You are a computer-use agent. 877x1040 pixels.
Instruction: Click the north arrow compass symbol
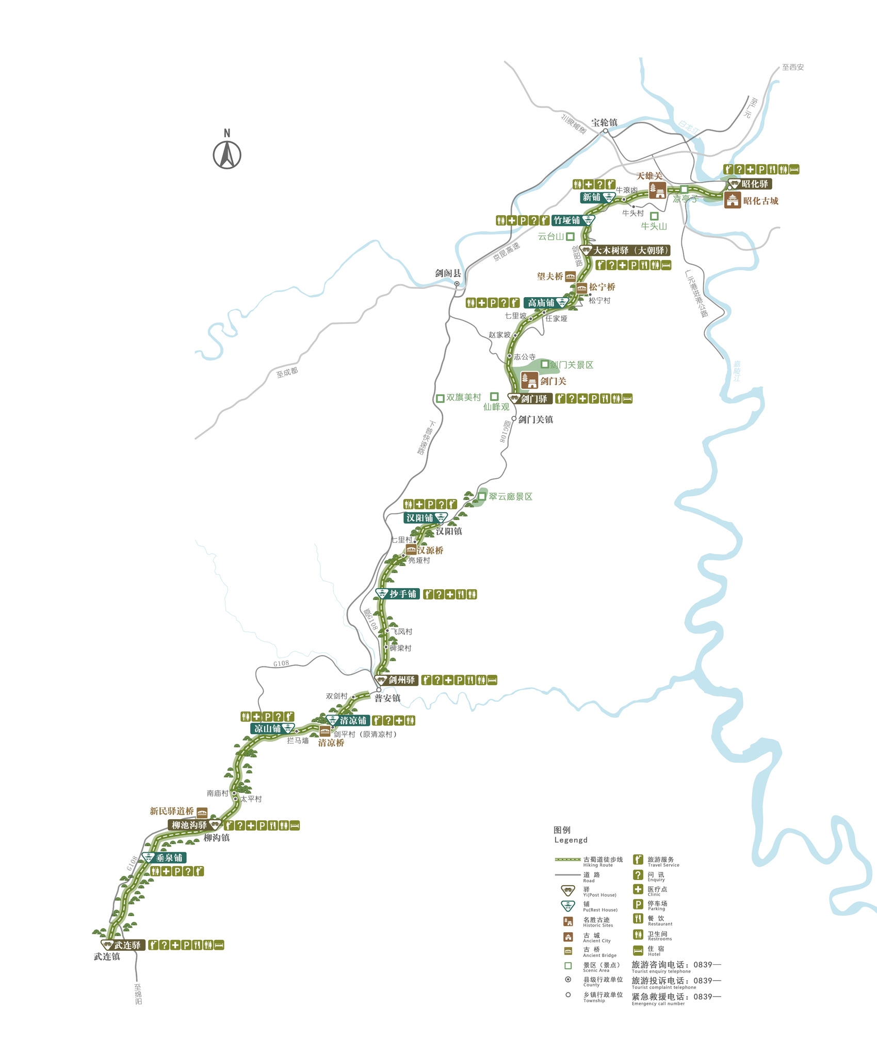tap(227, 154)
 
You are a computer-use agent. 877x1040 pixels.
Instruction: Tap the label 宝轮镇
tap(604, 123)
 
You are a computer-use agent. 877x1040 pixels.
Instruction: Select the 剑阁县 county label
tap(448, 273)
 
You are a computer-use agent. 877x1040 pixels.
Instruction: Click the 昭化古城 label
tap(760, 201)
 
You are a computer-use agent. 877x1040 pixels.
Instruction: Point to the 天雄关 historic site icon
tap(657, 190)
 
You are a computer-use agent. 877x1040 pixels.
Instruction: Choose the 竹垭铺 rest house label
tap(567, 221)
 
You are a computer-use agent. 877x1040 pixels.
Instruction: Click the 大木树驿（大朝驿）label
tap(630, 251)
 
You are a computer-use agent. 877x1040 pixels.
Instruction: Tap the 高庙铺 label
tap(541, 303)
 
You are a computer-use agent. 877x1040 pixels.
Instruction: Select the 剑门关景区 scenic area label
tap(572, 365)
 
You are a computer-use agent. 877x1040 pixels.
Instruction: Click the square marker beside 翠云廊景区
tap(482, 496)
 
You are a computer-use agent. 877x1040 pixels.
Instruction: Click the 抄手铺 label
tap(403, 594)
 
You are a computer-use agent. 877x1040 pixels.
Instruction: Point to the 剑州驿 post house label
tap(401, 680)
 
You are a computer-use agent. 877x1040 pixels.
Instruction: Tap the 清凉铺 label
tap(353, 721)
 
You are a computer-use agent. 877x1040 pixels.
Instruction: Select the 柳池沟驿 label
tap(189, 825)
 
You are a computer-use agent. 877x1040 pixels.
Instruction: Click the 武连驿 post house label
tap(127, 945)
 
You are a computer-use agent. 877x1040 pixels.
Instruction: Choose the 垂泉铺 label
tap(169, 858)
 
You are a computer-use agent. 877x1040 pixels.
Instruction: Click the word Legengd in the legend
tap(571, 840)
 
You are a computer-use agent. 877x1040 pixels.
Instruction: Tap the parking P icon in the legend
tap(638, 904)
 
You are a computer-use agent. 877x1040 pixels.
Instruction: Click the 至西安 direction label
tap(792, 67)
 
